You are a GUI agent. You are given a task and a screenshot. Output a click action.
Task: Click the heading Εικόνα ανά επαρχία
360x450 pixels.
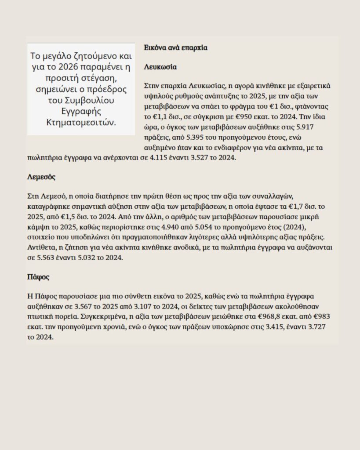pyautogui.click(x=175, y=47)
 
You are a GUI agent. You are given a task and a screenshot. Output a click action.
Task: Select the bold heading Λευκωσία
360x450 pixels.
pyautogui.click(x=160, y=68)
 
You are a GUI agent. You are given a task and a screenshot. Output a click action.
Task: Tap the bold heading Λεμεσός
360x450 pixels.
pyautogui.click(x=41, y=178)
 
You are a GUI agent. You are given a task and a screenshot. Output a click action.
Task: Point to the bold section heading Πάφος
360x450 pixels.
pyautogui.click(x=38, y=277)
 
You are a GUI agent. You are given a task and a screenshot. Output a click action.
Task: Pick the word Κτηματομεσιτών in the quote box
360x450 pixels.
pyautogui.click(x=81, y=122)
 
